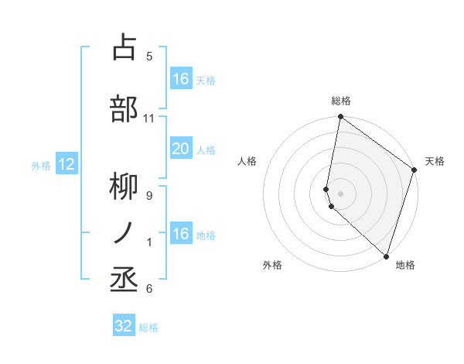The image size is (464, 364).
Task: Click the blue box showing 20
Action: click(x=180, y=149)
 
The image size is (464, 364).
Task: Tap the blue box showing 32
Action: click(x=124, y=326)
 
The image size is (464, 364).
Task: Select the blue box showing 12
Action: click(x=66, y=164)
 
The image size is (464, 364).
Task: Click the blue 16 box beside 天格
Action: click(x=180, y=79)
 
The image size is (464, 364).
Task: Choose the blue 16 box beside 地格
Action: click(x=180, y=234)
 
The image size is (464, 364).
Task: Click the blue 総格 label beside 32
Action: click(x=148, y=328)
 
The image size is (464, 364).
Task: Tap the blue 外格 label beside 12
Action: click(x=40, y=165)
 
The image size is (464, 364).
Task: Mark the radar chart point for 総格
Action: click(x=340, y=118)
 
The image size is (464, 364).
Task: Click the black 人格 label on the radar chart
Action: click(x=247, y=161)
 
